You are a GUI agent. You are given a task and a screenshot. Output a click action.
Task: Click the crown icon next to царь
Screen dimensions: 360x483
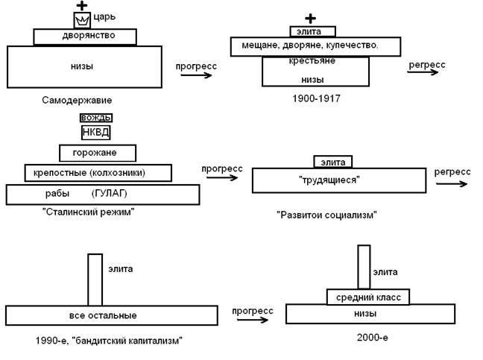point(81,20)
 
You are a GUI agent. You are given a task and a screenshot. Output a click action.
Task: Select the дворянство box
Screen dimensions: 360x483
point(85,37)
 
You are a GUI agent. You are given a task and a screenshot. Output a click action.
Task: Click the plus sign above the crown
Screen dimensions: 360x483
point(82,5)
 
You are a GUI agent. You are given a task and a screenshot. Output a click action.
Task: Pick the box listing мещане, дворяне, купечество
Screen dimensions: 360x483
point(316,46)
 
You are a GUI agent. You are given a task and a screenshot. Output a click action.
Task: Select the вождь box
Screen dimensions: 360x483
point(95,117)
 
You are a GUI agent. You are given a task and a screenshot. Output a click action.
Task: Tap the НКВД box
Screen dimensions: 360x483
point(95,132)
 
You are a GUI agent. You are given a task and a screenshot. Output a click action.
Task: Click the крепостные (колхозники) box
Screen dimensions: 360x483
point(98,173)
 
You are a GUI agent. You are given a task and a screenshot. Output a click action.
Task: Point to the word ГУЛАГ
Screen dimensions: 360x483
point(110,194)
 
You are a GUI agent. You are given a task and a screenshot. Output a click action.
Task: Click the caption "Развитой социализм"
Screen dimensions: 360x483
point(327,215)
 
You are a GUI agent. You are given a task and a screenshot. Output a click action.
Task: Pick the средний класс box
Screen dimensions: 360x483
point(368,297)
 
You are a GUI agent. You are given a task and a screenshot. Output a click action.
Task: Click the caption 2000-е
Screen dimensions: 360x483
point(373,337)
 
